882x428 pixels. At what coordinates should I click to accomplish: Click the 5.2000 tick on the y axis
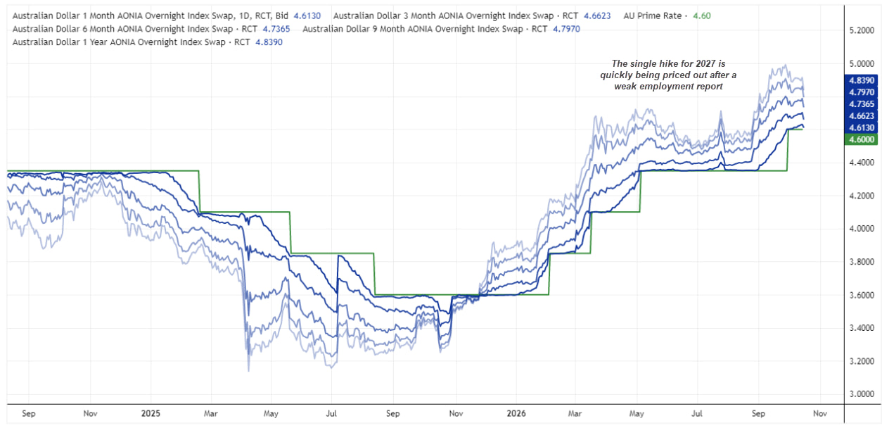[862, 31]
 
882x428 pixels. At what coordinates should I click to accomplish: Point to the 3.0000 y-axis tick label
[862, 394]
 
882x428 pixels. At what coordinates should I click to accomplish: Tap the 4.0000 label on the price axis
[862, 229]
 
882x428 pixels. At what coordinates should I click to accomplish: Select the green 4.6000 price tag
[861, 139]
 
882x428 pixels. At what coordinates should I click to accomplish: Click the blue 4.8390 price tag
[861, 80]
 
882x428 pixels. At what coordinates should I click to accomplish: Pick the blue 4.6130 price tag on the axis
[861, 127]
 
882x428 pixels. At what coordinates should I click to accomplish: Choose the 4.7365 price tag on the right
[861, 104]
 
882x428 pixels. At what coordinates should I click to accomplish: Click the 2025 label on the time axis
[151, 413]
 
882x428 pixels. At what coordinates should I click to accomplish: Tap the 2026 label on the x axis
[516, 413]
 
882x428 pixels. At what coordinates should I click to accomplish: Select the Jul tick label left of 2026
[331, 413]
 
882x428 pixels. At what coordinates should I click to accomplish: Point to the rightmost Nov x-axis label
[820, 413]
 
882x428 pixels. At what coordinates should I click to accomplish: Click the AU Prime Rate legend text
[653, 15]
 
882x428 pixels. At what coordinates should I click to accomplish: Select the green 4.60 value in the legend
[702, 15]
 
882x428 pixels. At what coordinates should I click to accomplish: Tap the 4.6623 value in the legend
[597, 15]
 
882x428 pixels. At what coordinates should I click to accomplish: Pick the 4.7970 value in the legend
[567, 29]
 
